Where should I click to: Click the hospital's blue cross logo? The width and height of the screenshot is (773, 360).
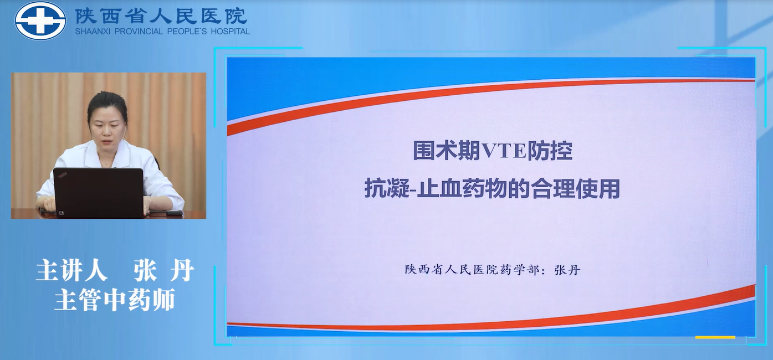click(40, 20)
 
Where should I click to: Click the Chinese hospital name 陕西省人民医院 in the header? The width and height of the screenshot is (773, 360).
click(161, 16)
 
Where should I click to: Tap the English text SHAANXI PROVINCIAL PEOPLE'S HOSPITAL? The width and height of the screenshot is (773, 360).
click(162, 32)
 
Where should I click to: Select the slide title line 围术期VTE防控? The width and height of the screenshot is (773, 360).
click(493, 151)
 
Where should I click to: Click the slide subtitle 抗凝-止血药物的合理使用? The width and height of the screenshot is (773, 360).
click(492, 188)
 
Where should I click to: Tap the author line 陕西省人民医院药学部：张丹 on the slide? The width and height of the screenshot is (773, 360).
click(493, 270)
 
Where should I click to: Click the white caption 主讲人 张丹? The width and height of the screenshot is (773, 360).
click(115, 270)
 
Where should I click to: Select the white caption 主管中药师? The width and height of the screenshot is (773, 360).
click(115, 300)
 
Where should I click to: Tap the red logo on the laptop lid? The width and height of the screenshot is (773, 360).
click(62, 176)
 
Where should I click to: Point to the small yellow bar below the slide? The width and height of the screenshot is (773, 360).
click(715, 338)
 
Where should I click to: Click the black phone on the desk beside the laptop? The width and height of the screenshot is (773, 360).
click(173, 213)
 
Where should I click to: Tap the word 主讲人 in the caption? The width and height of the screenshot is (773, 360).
click(71, 270)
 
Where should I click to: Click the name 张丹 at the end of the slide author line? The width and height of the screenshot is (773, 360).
click(567, 270)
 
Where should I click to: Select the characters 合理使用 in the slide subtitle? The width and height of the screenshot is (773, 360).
click(576, 188)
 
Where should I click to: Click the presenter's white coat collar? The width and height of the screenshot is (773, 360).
click(108, 155)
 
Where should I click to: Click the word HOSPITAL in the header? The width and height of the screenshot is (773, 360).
click(230, 32)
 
